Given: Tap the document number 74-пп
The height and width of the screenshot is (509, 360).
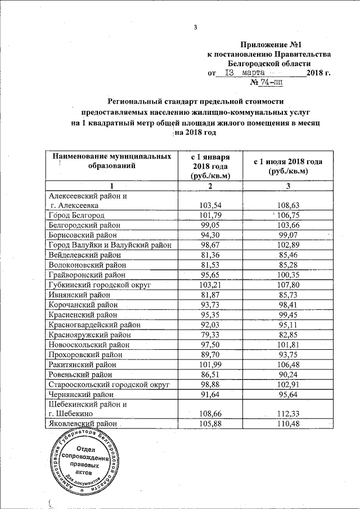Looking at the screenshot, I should [x=271, y=83].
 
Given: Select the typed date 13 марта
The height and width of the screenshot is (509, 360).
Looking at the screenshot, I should [x=244, y=73].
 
